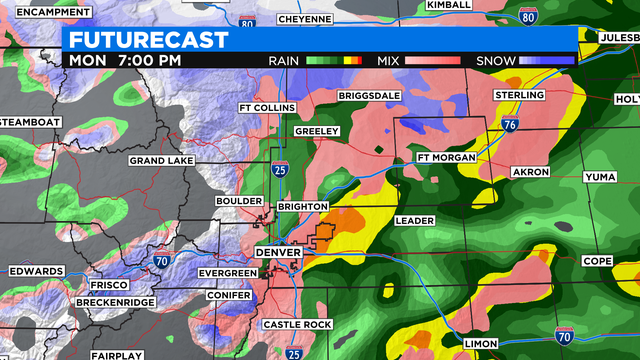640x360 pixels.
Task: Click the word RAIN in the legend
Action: [x=285, y=61]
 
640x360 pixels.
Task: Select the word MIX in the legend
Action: [x=389, y=61]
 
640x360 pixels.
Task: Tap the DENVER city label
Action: [x=277, y=253]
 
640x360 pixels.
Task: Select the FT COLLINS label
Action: [x=266, y=108]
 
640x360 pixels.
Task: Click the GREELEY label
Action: [x=317, y=131]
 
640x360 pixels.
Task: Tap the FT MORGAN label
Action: [x=444, y=157]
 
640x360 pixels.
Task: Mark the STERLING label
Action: [x=520, y=95]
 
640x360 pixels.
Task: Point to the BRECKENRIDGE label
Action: [x=117, y=302]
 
